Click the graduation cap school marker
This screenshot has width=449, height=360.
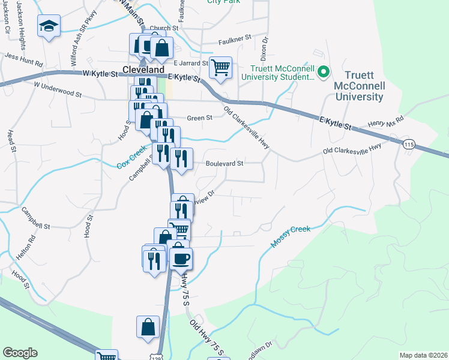(48, 26)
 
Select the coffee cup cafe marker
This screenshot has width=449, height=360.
(181, 258)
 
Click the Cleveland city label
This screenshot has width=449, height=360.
(143, 70)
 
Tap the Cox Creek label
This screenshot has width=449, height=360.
(132, 158)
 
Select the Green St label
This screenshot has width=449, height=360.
(200, 118)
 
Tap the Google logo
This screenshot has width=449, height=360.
(20, 353)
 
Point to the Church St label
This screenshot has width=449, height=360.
(165, 28)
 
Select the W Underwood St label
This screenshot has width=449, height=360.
(58, 89)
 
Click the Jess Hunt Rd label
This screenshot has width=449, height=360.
(24, 58)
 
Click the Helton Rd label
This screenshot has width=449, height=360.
(27, 247)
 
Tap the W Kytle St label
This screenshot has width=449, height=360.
(98, 73)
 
